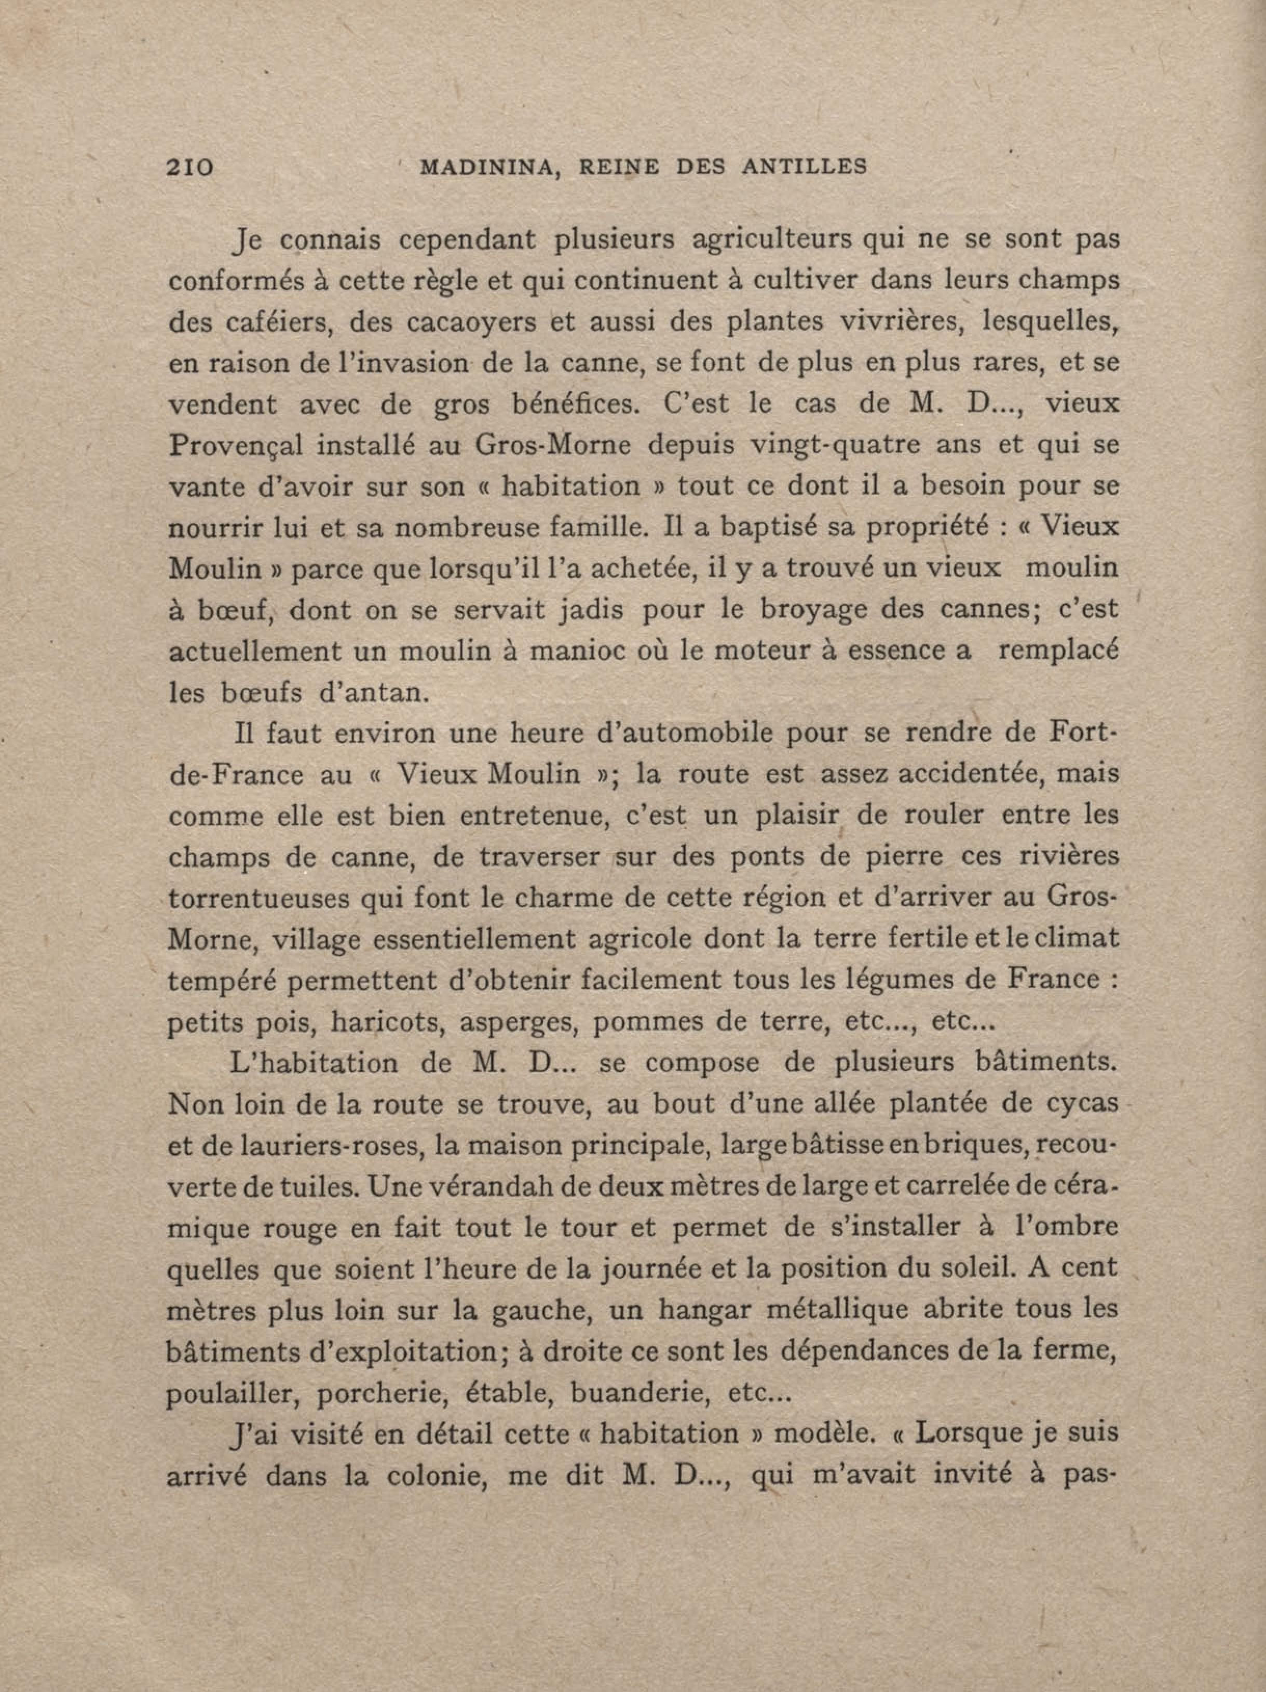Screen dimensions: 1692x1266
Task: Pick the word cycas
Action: [x=1077, y=1104]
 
